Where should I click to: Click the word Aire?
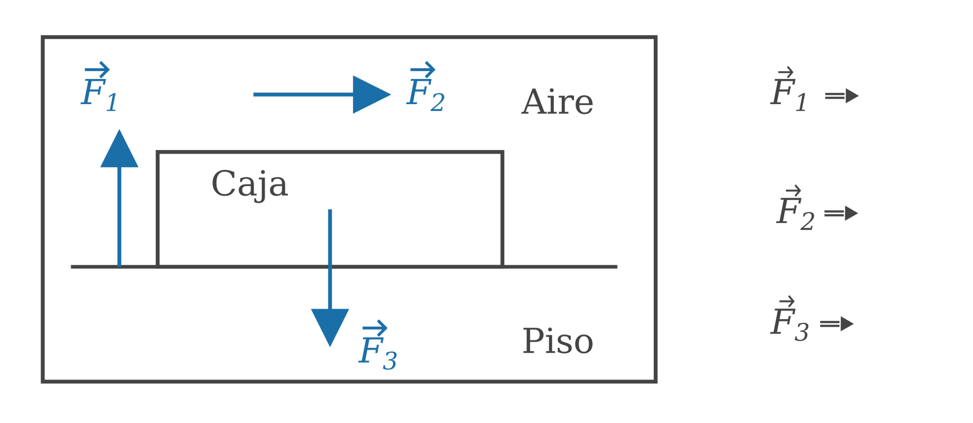(x=557, y=102)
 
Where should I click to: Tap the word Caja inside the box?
(x=249, y=184)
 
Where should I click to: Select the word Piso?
(x=558, y=341)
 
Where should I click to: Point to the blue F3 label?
(x=377, y=347)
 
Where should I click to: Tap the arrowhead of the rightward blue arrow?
(x=371, y=95)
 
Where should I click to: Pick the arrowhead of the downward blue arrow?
(x=330, y=326)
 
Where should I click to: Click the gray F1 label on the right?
(x=788, y=90)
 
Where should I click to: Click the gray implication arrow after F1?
(x=841, y=96)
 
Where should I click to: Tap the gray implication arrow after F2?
(x=841, y=214)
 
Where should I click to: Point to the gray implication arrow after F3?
(x=837, y=324)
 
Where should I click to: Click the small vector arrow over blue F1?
(x=97, y=70)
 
